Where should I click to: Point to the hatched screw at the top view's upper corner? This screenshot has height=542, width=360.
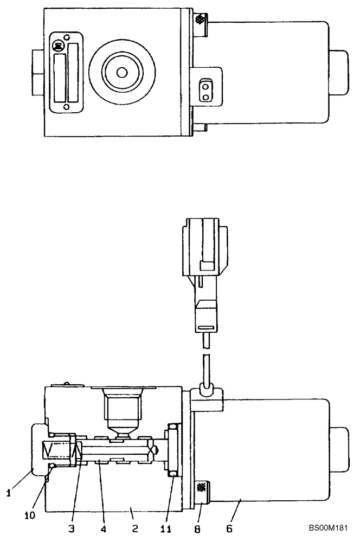200,21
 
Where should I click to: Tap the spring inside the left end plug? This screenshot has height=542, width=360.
56,449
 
